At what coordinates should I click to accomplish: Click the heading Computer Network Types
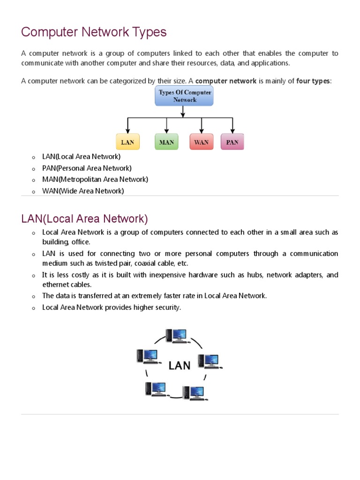coord(94,32)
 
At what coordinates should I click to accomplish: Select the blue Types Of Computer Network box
coord(184,96)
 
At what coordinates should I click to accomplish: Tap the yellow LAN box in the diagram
coord(127,142)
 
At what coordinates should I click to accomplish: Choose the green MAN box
coord(166,142)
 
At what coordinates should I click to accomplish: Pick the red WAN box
coord(201,142)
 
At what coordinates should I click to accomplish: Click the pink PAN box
coord(232,142)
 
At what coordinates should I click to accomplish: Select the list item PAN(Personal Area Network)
coord(87,168)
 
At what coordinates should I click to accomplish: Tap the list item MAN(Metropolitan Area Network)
coord(95,179)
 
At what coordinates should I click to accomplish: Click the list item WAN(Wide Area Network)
coord(83,191)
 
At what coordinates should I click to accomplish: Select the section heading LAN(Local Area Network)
coord(84,219)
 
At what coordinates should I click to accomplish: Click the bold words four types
coord(313,81)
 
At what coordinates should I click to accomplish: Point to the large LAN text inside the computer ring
coord(180,365)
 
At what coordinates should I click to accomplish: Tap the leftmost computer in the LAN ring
coord(147,357)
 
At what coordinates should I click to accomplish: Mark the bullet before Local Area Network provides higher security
coord(34,308)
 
